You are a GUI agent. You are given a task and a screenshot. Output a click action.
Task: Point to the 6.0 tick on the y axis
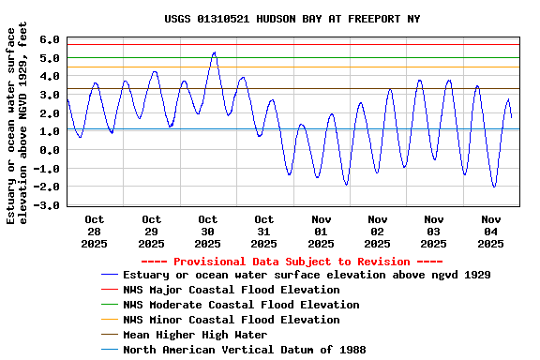coord(51,40)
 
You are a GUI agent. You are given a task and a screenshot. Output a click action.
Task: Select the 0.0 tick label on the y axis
coord(51,150)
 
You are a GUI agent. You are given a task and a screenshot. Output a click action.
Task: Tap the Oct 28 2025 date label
coord(95,232)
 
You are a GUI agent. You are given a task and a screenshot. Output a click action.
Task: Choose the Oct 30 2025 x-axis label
coord(208,232)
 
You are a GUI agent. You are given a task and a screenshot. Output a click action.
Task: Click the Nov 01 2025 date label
coord(321,232)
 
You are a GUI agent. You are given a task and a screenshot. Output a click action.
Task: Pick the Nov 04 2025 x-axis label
coord(490,232)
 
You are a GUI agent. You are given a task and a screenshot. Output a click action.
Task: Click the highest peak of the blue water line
coord(214,52)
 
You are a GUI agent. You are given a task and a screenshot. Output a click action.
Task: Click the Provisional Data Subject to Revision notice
coord(292,262)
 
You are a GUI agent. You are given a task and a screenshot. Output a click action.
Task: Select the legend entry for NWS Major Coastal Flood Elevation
coord(231,290)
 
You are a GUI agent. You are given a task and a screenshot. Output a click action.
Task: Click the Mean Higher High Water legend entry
coord(195,335)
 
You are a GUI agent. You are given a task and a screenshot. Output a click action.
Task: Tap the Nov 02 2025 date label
coord(377,232)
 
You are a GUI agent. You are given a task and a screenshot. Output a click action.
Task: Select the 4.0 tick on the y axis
coord(51,77)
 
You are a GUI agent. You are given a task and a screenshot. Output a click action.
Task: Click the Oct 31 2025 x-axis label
coord(264,232)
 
